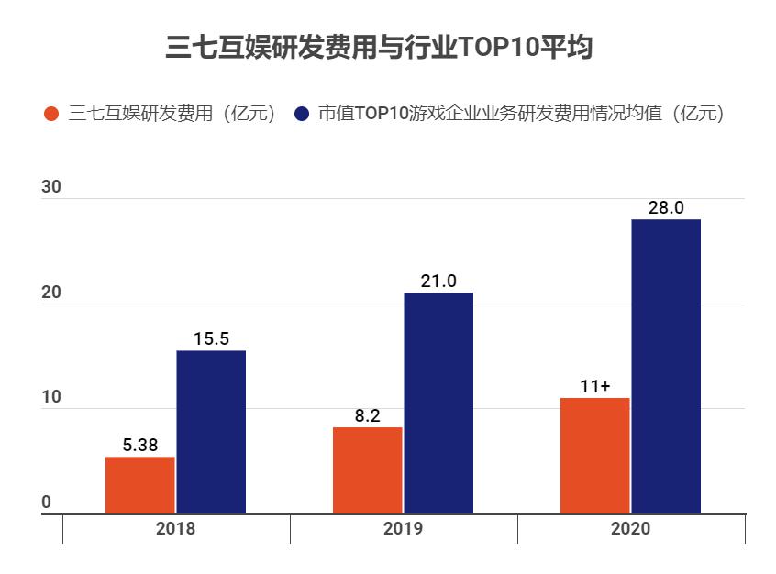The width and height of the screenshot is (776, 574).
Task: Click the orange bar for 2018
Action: tap(139, 485)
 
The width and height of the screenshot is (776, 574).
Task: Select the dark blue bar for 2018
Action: tap(211, 432)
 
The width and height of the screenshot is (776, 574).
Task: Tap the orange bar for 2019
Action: tap(367, 470)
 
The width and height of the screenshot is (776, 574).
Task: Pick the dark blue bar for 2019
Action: tap(438, 403)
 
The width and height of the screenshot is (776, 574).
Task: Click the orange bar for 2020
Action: tap(594, 456)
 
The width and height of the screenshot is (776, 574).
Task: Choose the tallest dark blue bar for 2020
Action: tap(666, 367)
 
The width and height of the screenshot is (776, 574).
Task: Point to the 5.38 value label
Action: tap(139, 446)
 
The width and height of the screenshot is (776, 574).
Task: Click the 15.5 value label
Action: tap(211, 339)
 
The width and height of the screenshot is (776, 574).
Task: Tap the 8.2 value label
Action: tap(367, 416)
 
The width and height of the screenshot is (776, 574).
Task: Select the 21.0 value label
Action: tap(438, 281)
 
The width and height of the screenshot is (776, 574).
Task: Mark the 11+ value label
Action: tap(594, 387)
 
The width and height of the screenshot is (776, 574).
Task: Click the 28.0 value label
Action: tap(666, 208)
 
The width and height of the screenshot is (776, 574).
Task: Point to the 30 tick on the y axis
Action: tap(51, 188)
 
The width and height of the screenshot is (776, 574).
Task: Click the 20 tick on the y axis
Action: tap(51, 293)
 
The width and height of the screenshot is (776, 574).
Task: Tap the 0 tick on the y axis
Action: tap(46, 502)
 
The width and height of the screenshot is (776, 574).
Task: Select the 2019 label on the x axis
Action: tap(403, 529)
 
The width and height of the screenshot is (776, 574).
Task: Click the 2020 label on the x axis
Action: tap(630, 529)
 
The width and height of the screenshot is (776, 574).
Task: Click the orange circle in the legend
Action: tap(51, 115)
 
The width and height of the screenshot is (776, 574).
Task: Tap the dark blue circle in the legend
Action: tap(301, 115)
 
